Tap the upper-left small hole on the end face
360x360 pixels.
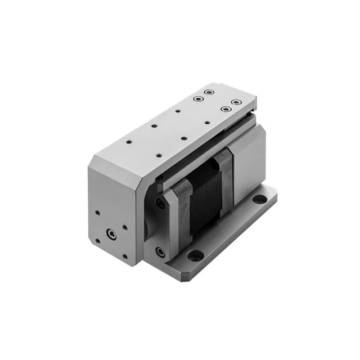click(x=97, y=213)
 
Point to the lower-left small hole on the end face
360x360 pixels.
click(x=97, y=241)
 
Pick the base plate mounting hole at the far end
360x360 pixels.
click(x=259, y=199)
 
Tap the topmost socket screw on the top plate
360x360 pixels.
click(x=209, y=92)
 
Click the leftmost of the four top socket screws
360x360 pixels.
click(x=197, y=98)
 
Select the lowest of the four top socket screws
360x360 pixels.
click(x=225, y=109)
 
